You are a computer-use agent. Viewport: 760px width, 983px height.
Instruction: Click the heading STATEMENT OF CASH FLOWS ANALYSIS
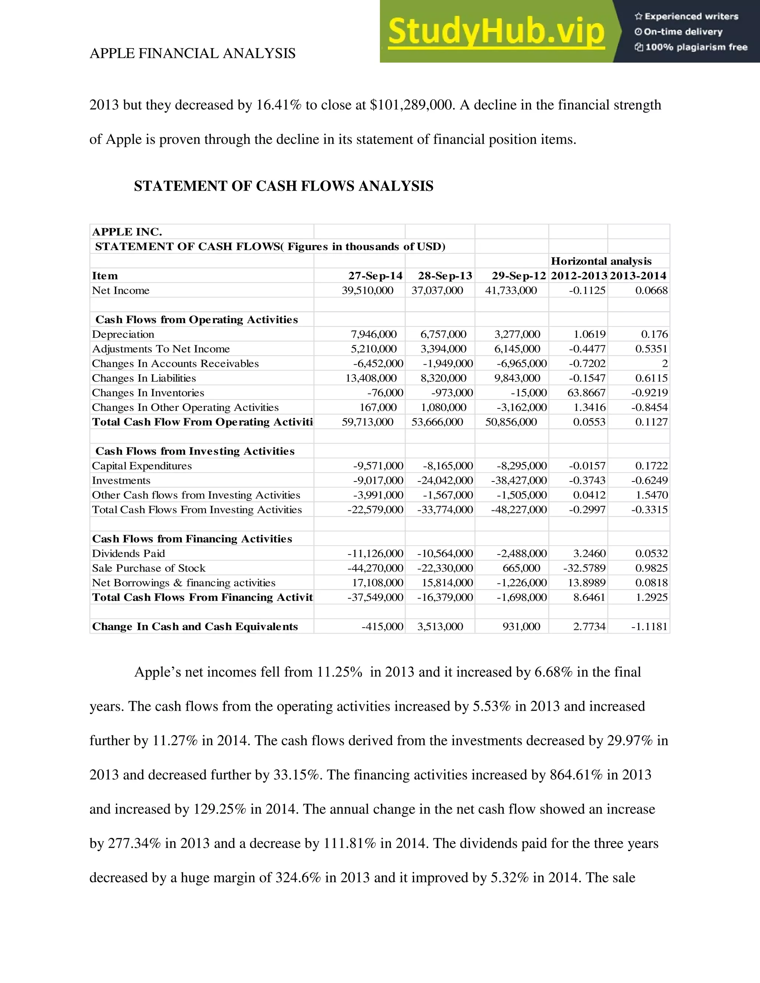[283, 186]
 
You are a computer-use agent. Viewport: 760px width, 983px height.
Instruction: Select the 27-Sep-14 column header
[375, 276]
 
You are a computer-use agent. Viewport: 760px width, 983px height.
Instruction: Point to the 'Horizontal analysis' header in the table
[601, 261]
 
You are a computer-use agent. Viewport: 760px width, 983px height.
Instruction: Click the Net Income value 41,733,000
[511, 290]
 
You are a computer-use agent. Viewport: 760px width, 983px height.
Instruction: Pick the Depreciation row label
[123, 334]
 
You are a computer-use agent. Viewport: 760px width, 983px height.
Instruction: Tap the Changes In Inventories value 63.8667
[586, 392]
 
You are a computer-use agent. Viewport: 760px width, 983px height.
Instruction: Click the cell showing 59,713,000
[367, 422]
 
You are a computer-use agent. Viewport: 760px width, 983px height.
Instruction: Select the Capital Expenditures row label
[142, 466]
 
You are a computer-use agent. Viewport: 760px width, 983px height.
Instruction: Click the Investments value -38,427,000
[519, 480]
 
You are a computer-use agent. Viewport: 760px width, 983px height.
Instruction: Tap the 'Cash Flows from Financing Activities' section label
[192, 539]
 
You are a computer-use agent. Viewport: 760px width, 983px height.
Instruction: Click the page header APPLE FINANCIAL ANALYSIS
[192, 53]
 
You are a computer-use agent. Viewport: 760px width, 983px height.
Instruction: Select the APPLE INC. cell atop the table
[127, 232]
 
